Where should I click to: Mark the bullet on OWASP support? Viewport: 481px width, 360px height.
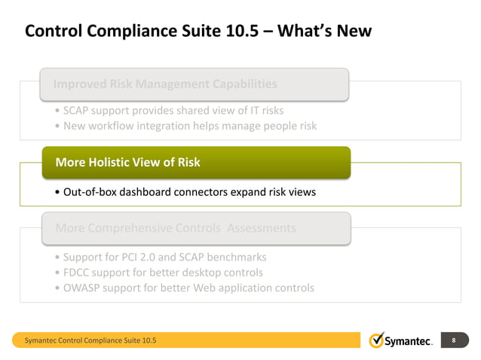[x=185, y=288]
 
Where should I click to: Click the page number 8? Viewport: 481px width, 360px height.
[x=454, y=341]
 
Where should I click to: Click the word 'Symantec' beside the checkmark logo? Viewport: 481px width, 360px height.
[x=409, y=342]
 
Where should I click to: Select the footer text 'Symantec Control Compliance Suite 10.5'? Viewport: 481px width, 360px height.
[x=91, y=342]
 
